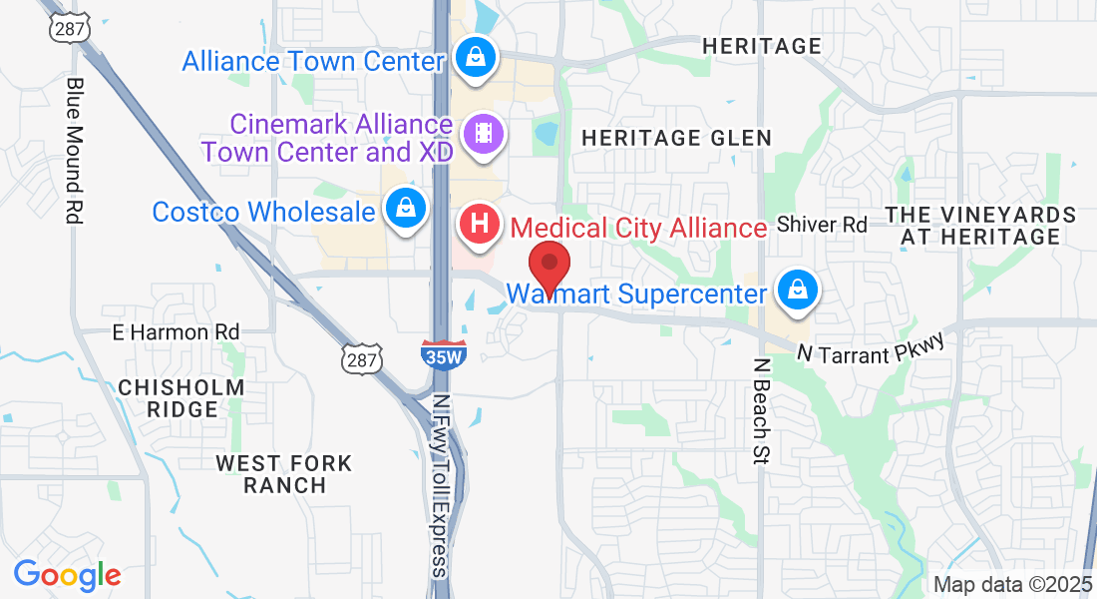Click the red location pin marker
pos(548,266)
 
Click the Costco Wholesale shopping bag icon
pos(406,211)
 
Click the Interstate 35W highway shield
pos(443,353)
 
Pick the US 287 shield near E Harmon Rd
pos(361,357)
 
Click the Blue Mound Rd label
pos(73,149)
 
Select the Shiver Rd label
pos(822,225)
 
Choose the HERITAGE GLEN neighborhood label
pos(676,138)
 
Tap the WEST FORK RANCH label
pos(284,474)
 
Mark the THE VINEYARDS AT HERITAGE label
pos(981,226)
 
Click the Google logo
pos(67,575)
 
